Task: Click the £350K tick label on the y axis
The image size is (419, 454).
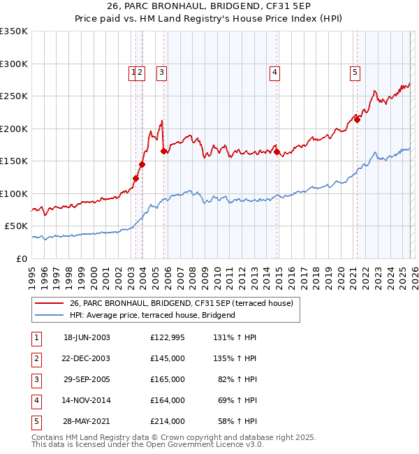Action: (x=14, y=31)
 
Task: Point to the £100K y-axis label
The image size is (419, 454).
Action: (x=14, y=193)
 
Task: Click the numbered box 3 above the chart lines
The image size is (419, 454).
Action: (x=161, y=71)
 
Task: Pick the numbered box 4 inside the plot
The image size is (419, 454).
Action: (x=275, y=71)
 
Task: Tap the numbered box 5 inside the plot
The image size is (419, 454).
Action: (x=355, y=71)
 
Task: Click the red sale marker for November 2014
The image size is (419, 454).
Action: (x=277, y=152)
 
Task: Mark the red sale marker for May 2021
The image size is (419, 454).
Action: (x=357, y=119)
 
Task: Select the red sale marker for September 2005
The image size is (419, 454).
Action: (x=163, y=151)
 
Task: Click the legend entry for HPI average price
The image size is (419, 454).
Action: (x=152, y=315)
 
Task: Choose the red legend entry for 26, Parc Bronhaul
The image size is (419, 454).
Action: (x=185, y=303)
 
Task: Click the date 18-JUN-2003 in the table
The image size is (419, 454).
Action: (x=87, y=337)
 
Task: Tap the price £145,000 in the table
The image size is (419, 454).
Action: (x=167, y=358)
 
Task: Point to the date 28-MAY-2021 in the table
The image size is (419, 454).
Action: (x=87, y=421)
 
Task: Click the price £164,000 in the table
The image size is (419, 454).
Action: (x=167, y=400)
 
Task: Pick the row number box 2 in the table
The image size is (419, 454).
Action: (x=36, y=358)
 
